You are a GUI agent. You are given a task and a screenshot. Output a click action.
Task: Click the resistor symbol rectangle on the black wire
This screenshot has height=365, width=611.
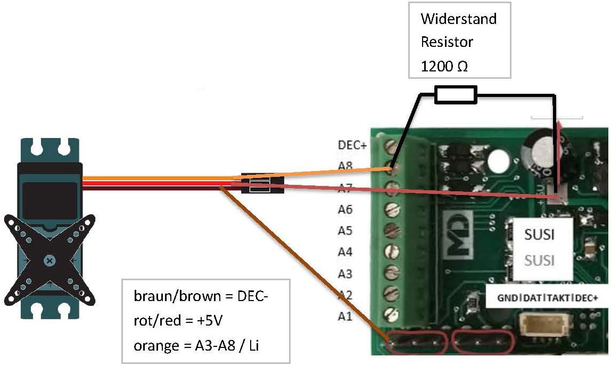pyautogui.click(x=455, y=95)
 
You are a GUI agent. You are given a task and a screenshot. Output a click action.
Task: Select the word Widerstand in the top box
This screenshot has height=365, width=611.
pyautogui.click(x=458, y=19)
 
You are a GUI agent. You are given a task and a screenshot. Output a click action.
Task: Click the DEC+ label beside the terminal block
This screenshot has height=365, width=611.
pyautogui.click(x=352, y=145)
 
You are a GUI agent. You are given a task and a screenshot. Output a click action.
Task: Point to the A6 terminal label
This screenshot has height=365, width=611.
pyautogui.click(x=345, y=209)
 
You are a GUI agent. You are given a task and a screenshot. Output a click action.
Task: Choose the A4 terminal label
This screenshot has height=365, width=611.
pyautogui.click(x=345, y=252)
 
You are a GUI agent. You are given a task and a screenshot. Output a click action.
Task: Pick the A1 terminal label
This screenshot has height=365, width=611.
pyautogui.click(x=345, y=317)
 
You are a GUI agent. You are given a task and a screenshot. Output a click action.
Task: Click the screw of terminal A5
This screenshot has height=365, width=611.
pyautogui.click(x=392, y=230)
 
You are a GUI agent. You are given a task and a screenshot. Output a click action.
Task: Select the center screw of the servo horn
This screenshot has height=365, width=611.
pyautogui.click(x=49, y=261)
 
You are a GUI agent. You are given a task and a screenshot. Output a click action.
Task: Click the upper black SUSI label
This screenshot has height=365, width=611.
pyautogui.click(x=540, y=234)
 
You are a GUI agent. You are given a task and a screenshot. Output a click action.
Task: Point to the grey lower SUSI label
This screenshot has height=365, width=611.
pyautogui.click(x=540, y=261)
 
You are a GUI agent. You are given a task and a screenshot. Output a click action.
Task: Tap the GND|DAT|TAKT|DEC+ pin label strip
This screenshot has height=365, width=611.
pyautogui.click(x=547, y=298)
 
